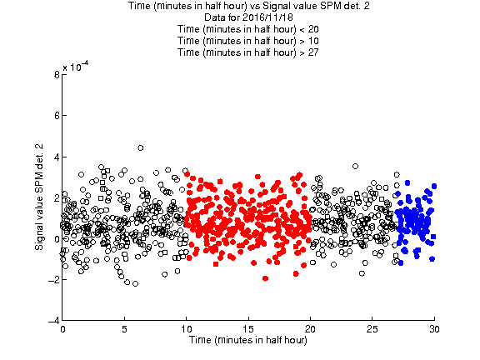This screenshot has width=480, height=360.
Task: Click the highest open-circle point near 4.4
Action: (141, 148)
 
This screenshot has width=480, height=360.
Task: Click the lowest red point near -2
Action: (265, 278)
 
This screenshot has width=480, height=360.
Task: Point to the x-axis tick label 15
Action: (248, 329)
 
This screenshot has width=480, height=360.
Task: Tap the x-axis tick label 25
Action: (372, 329)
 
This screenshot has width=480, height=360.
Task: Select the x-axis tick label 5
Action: (124, 329)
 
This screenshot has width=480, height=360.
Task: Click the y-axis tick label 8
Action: (57, 75)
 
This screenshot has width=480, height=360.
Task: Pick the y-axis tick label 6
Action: (57, 116)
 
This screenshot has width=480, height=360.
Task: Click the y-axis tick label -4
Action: (54, 321)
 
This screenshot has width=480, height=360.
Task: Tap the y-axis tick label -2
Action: (54, 279)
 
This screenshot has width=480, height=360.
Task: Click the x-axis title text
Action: (248, 340)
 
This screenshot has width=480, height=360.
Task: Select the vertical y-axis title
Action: (39, 197)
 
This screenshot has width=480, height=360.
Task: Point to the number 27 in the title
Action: (313, 52)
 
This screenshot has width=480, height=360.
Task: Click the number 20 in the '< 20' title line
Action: (313, 29)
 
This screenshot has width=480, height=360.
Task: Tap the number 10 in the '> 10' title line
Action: (313, 41)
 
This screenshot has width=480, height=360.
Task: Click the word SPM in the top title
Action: (332, 6)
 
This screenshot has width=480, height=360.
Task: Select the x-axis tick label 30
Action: (434, 329)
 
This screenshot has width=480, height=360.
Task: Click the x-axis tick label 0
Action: (62, 329)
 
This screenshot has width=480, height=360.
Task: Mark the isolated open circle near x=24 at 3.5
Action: (355, 166)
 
